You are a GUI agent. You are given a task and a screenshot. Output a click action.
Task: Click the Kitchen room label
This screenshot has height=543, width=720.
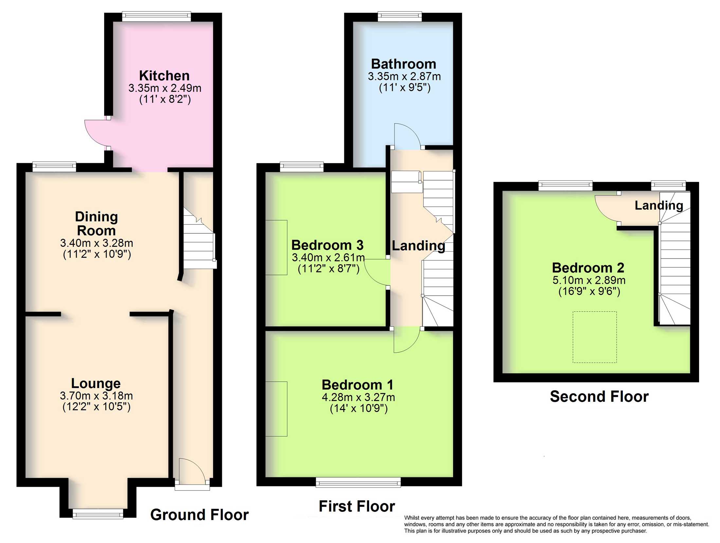click(164, 76)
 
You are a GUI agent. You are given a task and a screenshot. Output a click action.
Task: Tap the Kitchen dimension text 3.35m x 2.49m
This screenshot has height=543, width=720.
click(165, 88)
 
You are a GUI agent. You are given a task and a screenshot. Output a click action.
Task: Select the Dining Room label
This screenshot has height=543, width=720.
click(96, 223)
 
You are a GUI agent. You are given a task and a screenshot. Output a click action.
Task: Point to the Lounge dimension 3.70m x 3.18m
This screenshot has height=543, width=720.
click(96, 396)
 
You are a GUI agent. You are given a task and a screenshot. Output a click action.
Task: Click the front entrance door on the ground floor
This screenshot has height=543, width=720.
click(192, 472)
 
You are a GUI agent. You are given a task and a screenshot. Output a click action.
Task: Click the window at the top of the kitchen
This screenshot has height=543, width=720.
click(156, 16)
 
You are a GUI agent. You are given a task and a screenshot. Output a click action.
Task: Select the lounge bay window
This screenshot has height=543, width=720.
click(98, 514)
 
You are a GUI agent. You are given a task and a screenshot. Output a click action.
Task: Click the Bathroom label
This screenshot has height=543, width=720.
click(404, 64)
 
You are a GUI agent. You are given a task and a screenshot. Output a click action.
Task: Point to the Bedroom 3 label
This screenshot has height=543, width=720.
click(327, 245)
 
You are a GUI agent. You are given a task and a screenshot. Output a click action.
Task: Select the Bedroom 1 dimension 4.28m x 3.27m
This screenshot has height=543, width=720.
click(358, 398)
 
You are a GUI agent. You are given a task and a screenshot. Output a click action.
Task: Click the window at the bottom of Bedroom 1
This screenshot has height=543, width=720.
click(358, 482)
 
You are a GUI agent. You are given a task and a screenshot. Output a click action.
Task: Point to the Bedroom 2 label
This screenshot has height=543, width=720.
click(588, 268)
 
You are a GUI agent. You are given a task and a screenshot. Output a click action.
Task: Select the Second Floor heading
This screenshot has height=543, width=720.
click(599, 397)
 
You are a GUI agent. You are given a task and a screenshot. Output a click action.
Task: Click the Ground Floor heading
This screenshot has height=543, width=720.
click(199, 515)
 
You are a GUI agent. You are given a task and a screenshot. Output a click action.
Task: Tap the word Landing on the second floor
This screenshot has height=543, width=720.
click(659, 205)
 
